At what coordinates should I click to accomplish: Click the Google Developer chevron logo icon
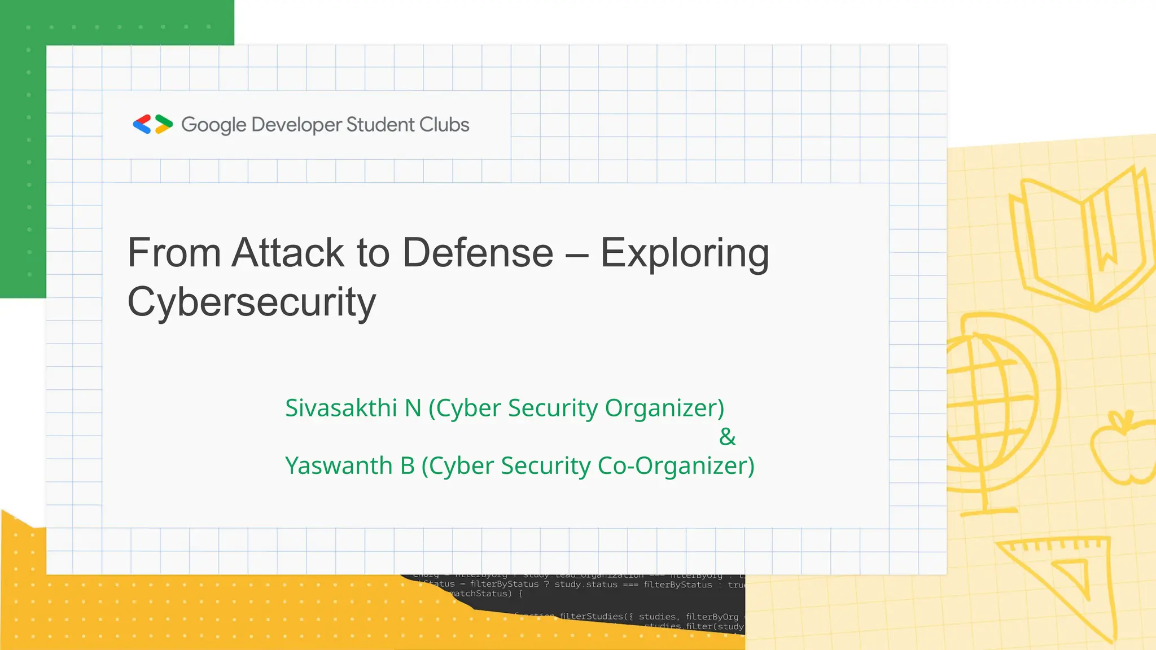pos(152,124)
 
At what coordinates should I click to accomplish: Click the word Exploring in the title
pos(685,253)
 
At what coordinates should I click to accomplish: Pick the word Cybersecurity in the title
pos(252,302)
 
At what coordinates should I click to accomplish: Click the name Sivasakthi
pos(341,408)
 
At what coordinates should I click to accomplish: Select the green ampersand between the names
pos(728,437)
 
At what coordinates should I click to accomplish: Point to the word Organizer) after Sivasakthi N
pos(664,408)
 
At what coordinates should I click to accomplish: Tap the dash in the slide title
pos(576,254)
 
